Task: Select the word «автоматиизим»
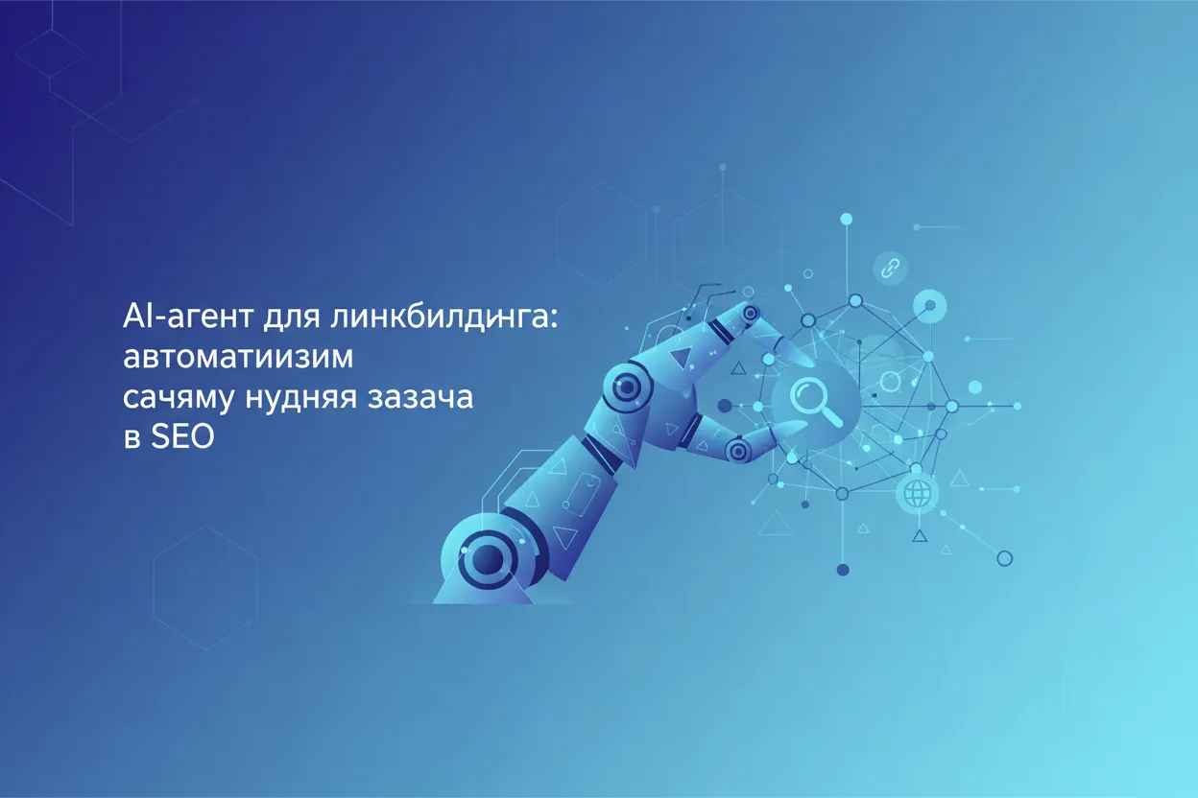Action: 239,358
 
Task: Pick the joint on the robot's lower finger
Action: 737,447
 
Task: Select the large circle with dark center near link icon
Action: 928,307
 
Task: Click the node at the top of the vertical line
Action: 846,220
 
